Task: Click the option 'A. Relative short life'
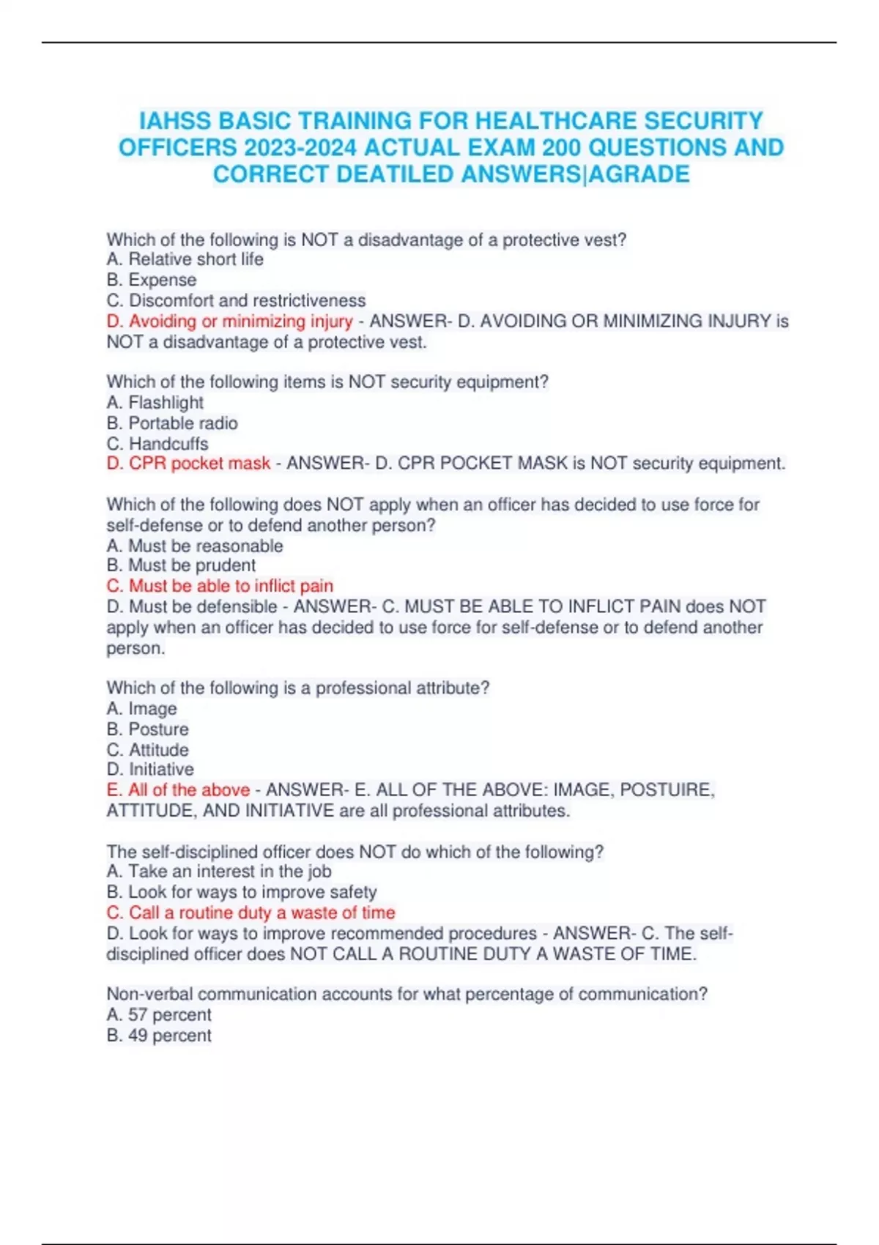185,259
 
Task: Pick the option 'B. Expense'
151,280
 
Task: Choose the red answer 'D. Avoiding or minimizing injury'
229,321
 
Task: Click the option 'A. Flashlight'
155,402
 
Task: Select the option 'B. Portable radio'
171,423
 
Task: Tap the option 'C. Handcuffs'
157,444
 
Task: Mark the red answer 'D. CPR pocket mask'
188,464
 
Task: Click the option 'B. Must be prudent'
181,565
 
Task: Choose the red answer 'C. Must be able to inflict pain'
220,586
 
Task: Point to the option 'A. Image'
141,708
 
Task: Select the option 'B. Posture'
147,729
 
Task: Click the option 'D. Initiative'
150,769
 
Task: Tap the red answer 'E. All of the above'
178,789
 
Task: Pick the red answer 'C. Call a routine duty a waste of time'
251,913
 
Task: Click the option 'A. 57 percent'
158,1015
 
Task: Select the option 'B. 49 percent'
158,1036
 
